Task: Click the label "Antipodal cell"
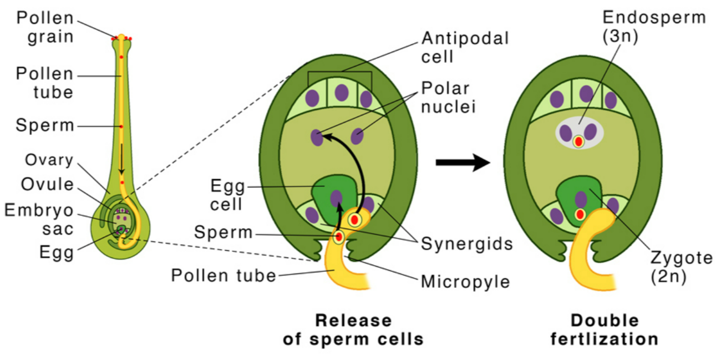pos(465,47)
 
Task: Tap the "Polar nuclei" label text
pos(445,97)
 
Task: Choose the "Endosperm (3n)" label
pos(654,27)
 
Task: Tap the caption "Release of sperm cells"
pos(353,329)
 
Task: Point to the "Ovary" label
pos(49,160)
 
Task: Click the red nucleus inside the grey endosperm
pos(578,142)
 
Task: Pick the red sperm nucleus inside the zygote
pos(580,215)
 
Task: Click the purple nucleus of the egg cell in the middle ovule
pos(336,197)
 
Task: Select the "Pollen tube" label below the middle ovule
pos(224,275)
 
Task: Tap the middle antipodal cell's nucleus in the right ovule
pos(586,94)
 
